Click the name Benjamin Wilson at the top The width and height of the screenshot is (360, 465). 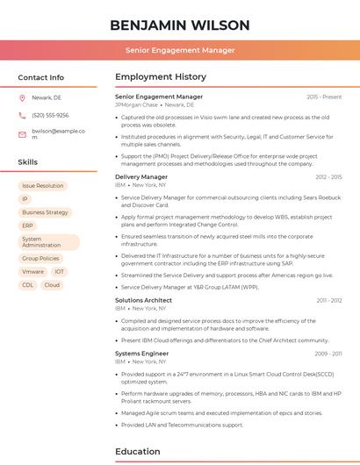[179, 25]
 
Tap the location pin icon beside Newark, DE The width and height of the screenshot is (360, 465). [22, 98]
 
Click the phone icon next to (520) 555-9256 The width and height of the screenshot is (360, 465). [22, 115]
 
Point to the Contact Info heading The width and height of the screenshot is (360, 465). [40, 77]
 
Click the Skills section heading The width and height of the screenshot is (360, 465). [28, 162]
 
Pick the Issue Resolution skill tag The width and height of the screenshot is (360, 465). [43, 186]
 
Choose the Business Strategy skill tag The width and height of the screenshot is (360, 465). [45, 212]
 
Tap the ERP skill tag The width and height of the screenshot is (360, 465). [28, 225]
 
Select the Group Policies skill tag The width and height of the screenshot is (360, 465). [40, 259]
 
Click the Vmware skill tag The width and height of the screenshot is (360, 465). [32, 272]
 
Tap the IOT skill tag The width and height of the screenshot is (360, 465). [59, 272]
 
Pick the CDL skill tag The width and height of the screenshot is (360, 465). [28, 285]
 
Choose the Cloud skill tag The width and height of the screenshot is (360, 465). [52, 285]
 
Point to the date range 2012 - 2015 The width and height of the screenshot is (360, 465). [328, 176]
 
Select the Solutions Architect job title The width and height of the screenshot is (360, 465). [143, 300]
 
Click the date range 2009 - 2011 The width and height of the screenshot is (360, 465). [328, 354]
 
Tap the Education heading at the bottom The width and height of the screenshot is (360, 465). [139, 452]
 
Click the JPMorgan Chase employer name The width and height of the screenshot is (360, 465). [136, 104]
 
